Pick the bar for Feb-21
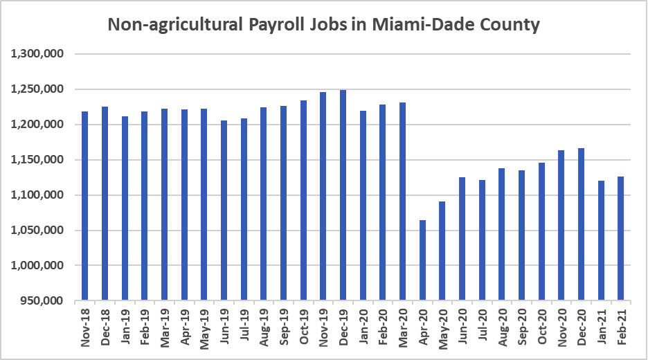(621, 238)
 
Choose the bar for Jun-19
(224, 210)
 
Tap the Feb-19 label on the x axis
(145, 323)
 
